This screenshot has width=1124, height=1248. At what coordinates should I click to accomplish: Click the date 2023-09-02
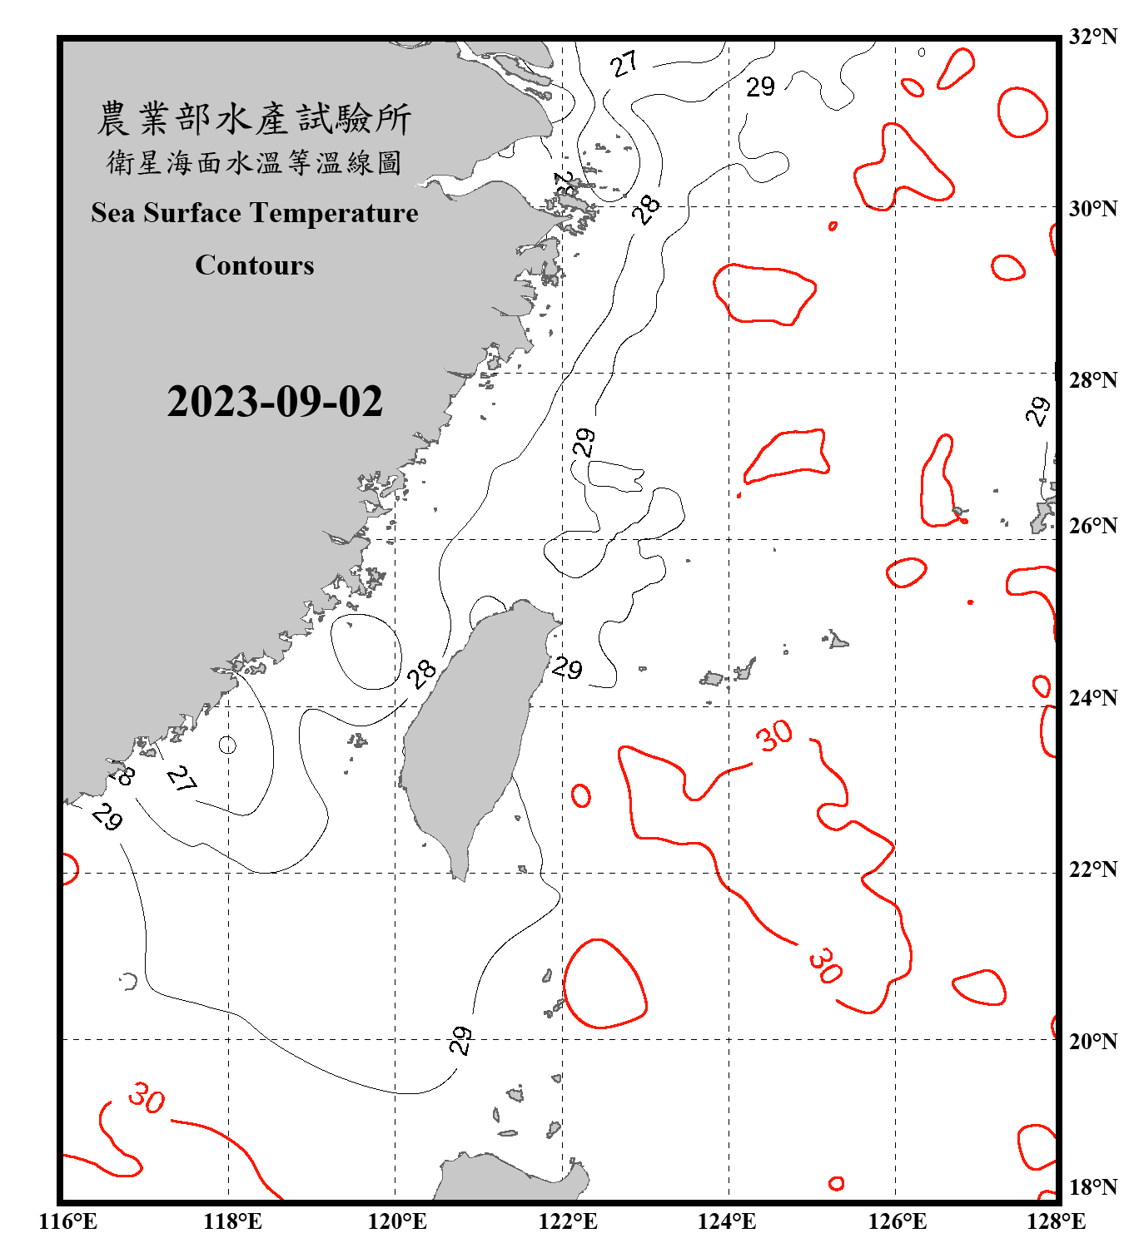(275, 402)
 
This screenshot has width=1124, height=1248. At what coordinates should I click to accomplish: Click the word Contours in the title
(255, 265)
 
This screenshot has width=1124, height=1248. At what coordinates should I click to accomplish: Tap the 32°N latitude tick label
(1092, 37)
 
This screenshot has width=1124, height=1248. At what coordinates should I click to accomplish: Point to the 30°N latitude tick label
(1092, 208)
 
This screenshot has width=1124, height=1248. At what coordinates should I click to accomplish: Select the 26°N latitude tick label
(1092, 526)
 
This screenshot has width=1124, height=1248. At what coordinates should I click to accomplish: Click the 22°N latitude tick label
(1092, 869)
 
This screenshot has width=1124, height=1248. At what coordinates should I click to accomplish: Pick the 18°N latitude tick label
(1092, 1186)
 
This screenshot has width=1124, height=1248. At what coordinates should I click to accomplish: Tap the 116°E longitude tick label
(68, 1221)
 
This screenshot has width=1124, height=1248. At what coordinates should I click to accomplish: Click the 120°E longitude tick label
(397, 1221)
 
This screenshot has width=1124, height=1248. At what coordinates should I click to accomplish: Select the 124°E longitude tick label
(727, 1221)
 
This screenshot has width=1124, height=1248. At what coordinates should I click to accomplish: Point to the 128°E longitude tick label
(1056, 1221)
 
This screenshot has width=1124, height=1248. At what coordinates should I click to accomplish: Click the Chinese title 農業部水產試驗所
(254, 119)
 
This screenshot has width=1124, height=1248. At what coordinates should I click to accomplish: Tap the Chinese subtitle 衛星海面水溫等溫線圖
(254, 162)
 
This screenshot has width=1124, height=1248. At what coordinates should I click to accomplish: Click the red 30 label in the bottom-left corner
(147, 1098)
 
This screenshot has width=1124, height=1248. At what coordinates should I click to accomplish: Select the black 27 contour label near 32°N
(624, 63)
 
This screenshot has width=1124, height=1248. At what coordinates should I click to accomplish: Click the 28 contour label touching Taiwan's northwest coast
(422, 673)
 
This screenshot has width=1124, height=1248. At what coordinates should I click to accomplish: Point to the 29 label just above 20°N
(460, 1040)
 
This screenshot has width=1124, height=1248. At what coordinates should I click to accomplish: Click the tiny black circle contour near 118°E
(227, 745)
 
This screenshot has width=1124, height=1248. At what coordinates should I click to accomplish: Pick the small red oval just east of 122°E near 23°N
(581, 795)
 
